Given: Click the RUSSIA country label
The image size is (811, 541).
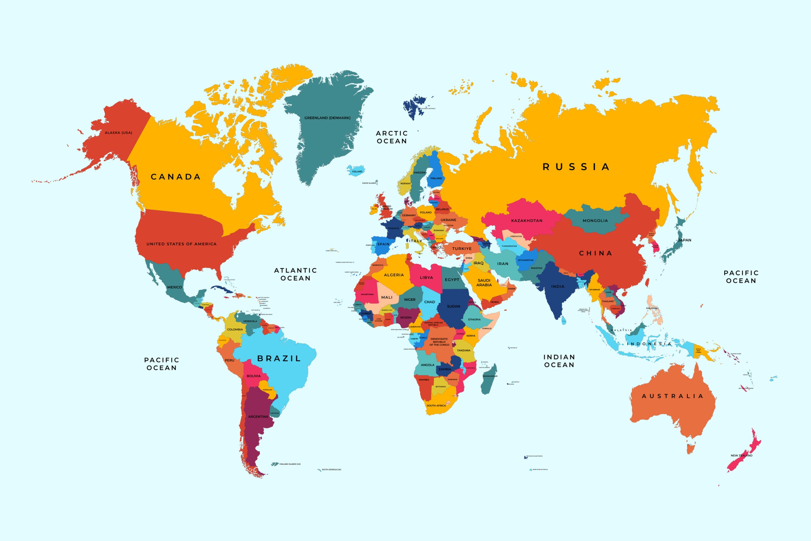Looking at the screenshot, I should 576,167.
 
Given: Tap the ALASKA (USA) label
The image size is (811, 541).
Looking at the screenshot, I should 118,133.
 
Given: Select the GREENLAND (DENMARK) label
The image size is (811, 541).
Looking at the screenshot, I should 327,118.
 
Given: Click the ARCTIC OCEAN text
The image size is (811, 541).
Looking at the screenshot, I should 392,137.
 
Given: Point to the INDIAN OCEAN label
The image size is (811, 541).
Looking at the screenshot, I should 559,361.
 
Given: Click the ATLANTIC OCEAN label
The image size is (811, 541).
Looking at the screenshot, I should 296,274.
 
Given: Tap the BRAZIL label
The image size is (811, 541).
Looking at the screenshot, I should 279,358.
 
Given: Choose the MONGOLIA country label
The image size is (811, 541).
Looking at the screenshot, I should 595,221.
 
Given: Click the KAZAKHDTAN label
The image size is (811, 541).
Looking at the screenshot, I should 527,221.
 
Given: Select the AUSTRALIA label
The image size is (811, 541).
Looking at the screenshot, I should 672,396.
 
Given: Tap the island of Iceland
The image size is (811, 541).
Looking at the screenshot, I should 356,171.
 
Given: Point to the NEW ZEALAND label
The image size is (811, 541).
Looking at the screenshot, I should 741,455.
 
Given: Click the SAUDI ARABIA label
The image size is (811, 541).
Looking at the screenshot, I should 484,283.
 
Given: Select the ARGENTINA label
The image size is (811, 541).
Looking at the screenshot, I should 258,416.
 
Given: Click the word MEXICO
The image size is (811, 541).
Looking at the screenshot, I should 175,287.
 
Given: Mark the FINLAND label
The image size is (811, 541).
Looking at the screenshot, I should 436,178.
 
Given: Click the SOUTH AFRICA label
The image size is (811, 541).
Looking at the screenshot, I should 436,405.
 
